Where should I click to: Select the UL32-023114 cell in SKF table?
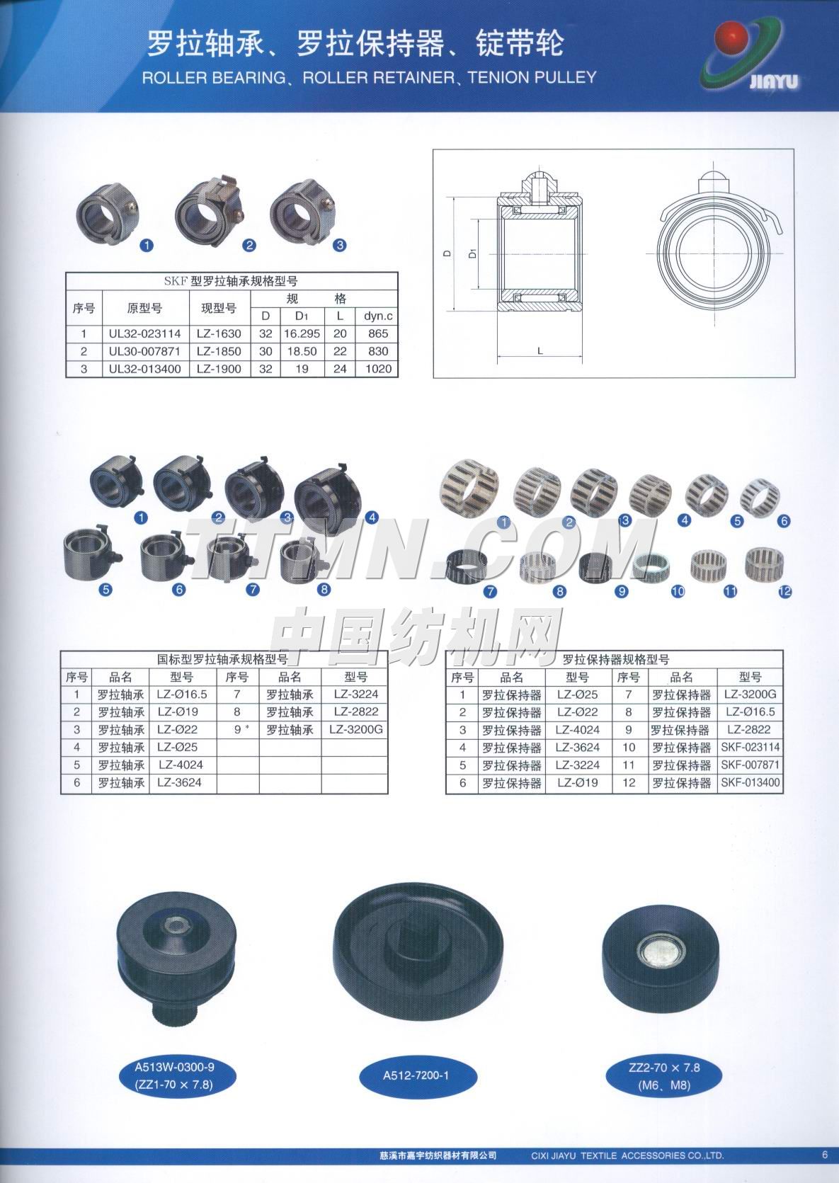pos(144,333)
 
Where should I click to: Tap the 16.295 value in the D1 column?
pos(302,333)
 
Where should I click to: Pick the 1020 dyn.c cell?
pos(378,369)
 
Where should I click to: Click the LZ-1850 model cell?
pos(219,351)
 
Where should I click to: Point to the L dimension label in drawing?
pos(540,350)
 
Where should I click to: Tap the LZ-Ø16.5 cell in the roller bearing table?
pos(182,695)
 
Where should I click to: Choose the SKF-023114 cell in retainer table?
pos(750,748)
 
